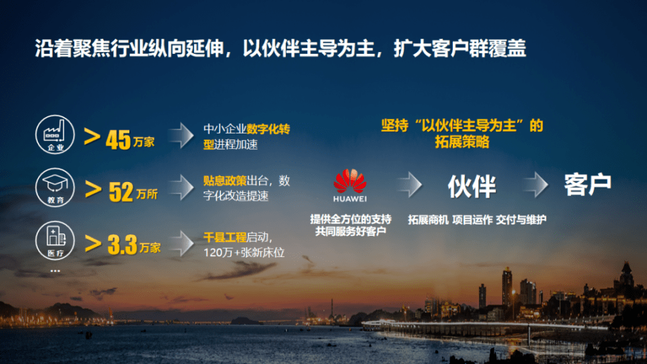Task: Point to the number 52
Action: [121, 192]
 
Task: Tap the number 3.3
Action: [122, 245]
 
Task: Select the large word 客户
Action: [588, 184]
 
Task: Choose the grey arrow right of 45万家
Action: [181, 135]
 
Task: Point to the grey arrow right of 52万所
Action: [181, 188]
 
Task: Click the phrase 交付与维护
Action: [521, 220]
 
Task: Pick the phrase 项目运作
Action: [472, 220]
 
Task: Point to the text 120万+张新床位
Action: [244, 253]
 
